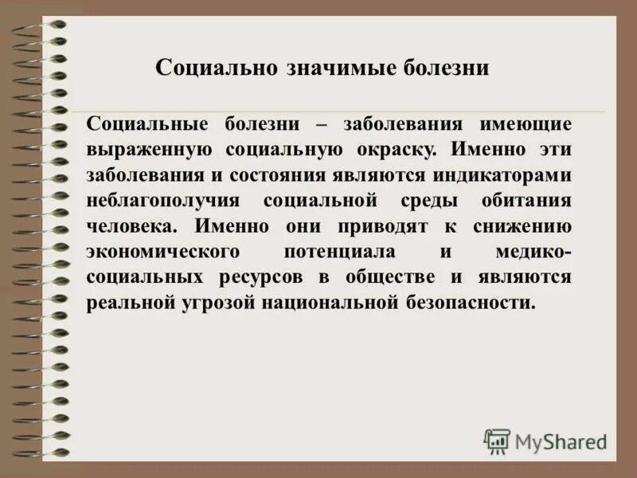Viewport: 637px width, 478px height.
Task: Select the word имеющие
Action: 523,124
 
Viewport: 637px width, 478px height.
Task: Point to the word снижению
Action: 521,226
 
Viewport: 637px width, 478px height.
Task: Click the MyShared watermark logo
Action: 546,441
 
